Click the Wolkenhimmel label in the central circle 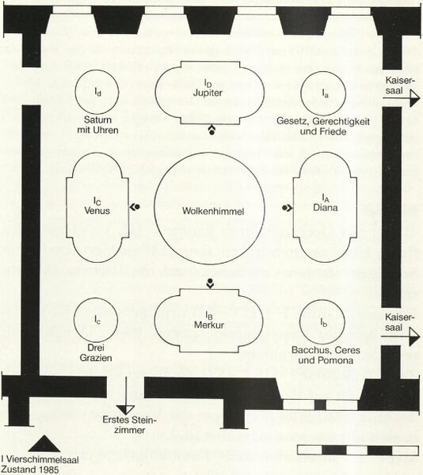213,211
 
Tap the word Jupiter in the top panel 208,93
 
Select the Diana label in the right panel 325,207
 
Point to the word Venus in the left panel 97,211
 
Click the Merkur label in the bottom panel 209,325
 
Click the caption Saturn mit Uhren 97,125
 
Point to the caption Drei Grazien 96,352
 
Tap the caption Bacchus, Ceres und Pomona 326,355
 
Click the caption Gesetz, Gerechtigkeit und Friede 323,127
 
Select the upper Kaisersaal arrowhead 415,98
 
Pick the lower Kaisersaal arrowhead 414,336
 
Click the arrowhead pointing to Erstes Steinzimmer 125,410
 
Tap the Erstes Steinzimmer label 129,425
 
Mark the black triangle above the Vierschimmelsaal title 44,444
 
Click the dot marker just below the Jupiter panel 211,131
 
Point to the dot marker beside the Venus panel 135,207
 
